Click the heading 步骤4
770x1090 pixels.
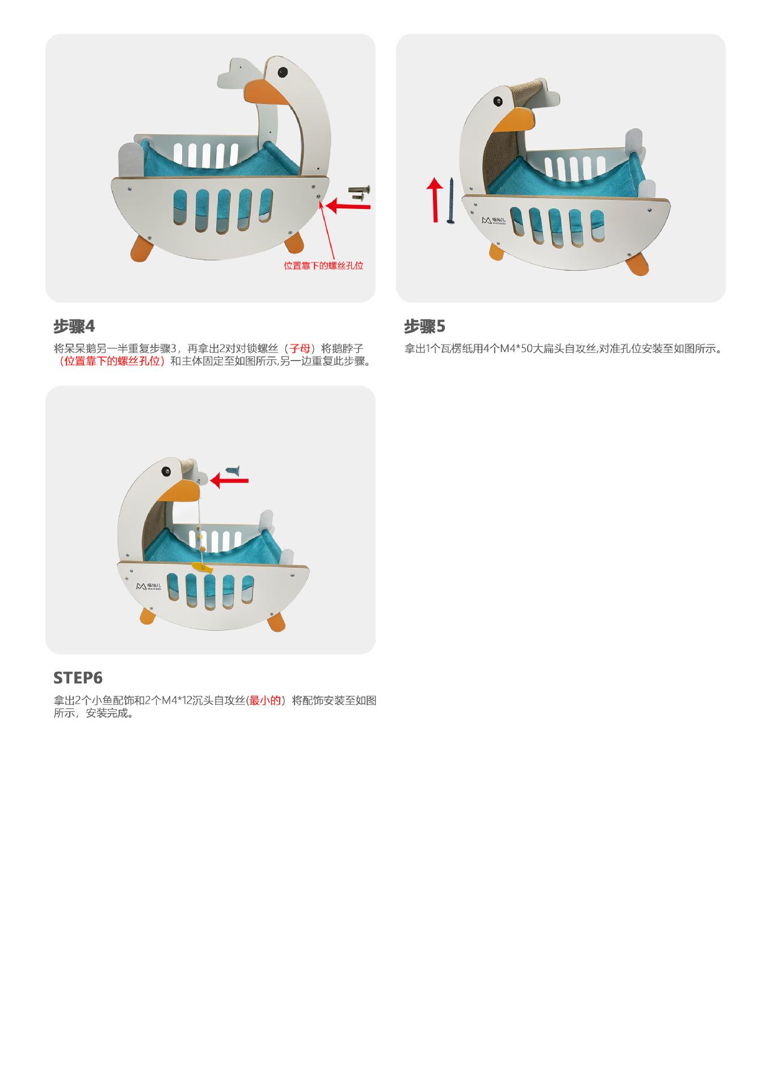coord(74,326)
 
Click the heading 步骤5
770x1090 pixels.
coord(424,326)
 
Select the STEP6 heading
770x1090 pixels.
coord(78,678)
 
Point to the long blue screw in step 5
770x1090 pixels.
coord(451,200)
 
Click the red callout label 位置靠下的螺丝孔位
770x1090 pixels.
coord(323,266)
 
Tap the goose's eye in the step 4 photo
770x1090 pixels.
coord(282,72)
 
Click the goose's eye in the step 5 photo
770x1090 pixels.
coord(498,102)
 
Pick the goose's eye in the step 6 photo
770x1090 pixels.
coord(167,471)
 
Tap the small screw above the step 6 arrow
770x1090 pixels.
coord(233,470)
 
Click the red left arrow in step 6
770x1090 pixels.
coord(229,481)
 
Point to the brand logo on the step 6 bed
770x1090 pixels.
coord(150,586)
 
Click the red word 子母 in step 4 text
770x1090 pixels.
coord(300,349)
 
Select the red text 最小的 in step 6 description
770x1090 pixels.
coord(265,701)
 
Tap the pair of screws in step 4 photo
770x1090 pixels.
coord(359,192)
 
